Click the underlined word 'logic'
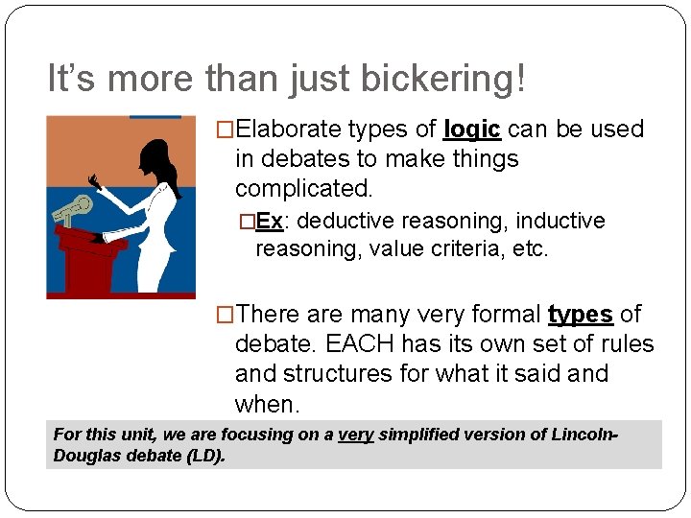472,129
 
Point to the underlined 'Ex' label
270,222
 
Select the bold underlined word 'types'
580,315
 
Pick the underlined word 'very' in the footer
355,435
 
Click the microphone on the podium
73,208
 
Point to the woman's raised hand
94,180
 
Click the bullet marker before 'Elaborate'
226,129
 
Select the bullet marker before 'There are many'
226,315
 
